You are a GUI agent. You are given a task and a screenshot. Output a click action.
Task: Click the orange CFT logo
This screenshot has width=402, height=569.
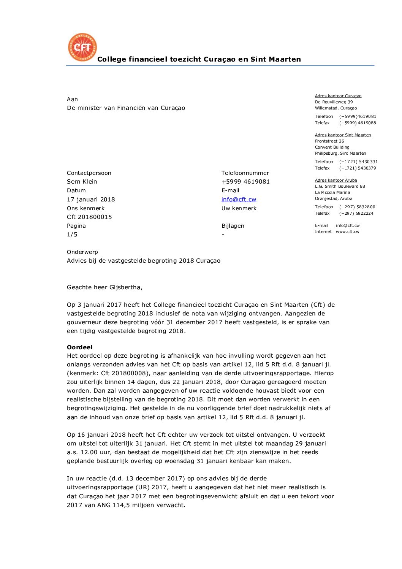pyautogui.click(x=82, y=47)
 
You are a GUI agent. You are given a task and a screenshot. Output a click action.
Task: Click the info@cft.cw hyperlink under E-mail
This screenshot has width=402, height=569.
pyautogui.click(x=239, y=199)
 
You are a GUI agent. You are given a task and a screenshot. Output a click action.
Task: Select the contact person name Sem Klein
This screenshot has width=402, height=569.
pyautogui.click(x=82, y=182)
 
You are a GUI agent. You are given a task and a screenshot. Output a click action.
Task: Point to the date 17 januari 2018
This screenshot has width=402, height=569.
pyautogui.click(x=91, y=199)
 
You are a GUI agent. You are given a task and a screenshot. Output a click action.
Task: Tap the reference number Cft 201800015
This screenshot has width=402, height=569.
pyautogui.click(x=89, y=217)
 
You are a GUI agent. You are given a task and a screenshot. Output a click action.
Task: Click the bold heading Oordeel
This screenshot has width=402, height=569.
pyautogui.click(x=80, y=347)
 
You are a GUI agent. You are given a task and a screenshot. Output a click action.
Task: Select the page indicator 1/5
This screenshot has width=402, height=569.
pyautogui.click(x=72, y=235)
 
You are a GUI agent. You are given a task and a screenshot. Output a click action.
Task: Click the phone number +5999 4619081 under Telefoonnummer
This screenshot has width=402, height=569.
pyautogui.click(x=245, y=182)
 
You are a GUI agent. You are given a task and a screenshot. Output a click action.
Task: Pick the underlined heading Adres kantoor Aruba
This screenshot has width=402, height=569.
pyautogui.click(x=336, y=180)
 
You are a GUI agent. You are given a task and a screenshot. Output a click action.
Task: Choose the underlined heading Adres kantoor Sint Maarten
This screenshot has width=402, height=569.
pyautogui.click(x=343, y=135)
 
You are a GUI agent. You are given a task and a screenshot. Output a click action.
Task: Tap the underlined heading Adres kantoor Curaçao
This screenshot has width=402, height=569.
pyautogui.click(x=338, y=96)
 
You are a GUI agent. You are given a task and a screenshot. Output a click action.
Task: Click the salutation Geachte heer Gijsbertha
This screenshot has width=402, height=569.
pyautogui.click(x=104, y=287)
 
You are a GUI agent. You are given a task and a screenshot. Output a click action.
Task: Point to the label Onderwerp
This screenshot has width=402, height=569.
pyautogui.click(x=82, y=252)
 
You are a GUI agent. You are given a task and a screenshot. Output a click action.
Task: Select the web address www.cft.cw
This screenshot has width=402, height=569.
pyautogui.click(x=347, y=231)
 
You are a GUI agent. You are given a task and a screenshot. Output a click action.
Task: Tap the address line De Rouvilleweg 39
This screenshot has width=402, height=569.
pyautogui.click(x=334, y=102)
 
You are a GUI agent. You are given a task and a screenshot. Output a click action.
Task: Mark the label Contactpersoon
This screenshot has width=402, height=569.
pyautogui.click(x=89, y=173)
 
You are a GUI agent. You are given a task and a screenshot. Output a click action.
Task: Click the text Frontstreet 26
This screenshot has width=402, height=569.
pyautogui.click(x=329, y=141)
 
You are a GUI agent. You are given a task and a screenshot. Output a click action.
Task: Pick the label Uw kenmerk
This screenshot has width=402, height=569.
pyautogui.click(x=239, y=208)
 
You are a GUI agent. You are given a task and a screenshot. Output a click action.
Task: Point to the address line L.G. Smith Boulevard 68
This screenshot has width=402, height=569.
pyautogui.click(x=340, y=186)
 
